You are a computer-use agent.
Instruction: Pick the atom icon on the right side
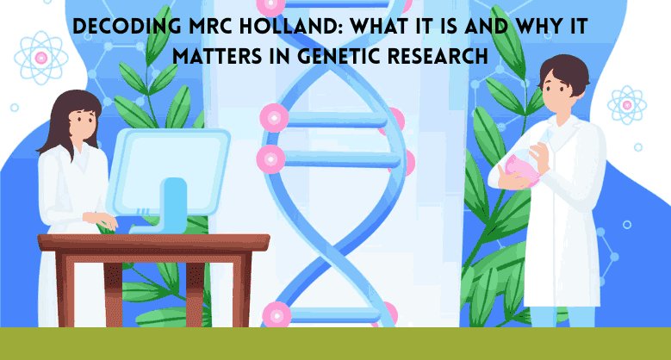(x=626, y=104)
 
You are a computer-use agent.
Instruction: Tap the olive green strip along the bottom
(x=335, y=344)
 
